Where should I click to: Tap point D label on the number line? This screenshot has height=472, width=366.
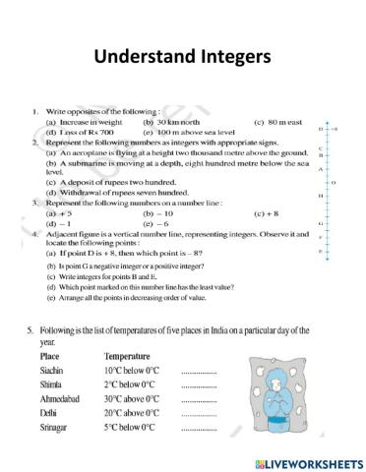pos(321,129)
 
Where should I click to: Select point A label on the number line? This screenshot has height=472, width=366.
pos(321,169)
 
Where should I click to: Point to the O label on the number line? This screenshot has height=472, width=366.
pos(335,182)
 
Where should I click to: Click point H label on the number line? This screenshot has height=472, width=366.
pos(321,196)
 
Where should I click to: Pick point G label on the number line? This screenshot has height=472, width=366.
pos(321,223)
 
